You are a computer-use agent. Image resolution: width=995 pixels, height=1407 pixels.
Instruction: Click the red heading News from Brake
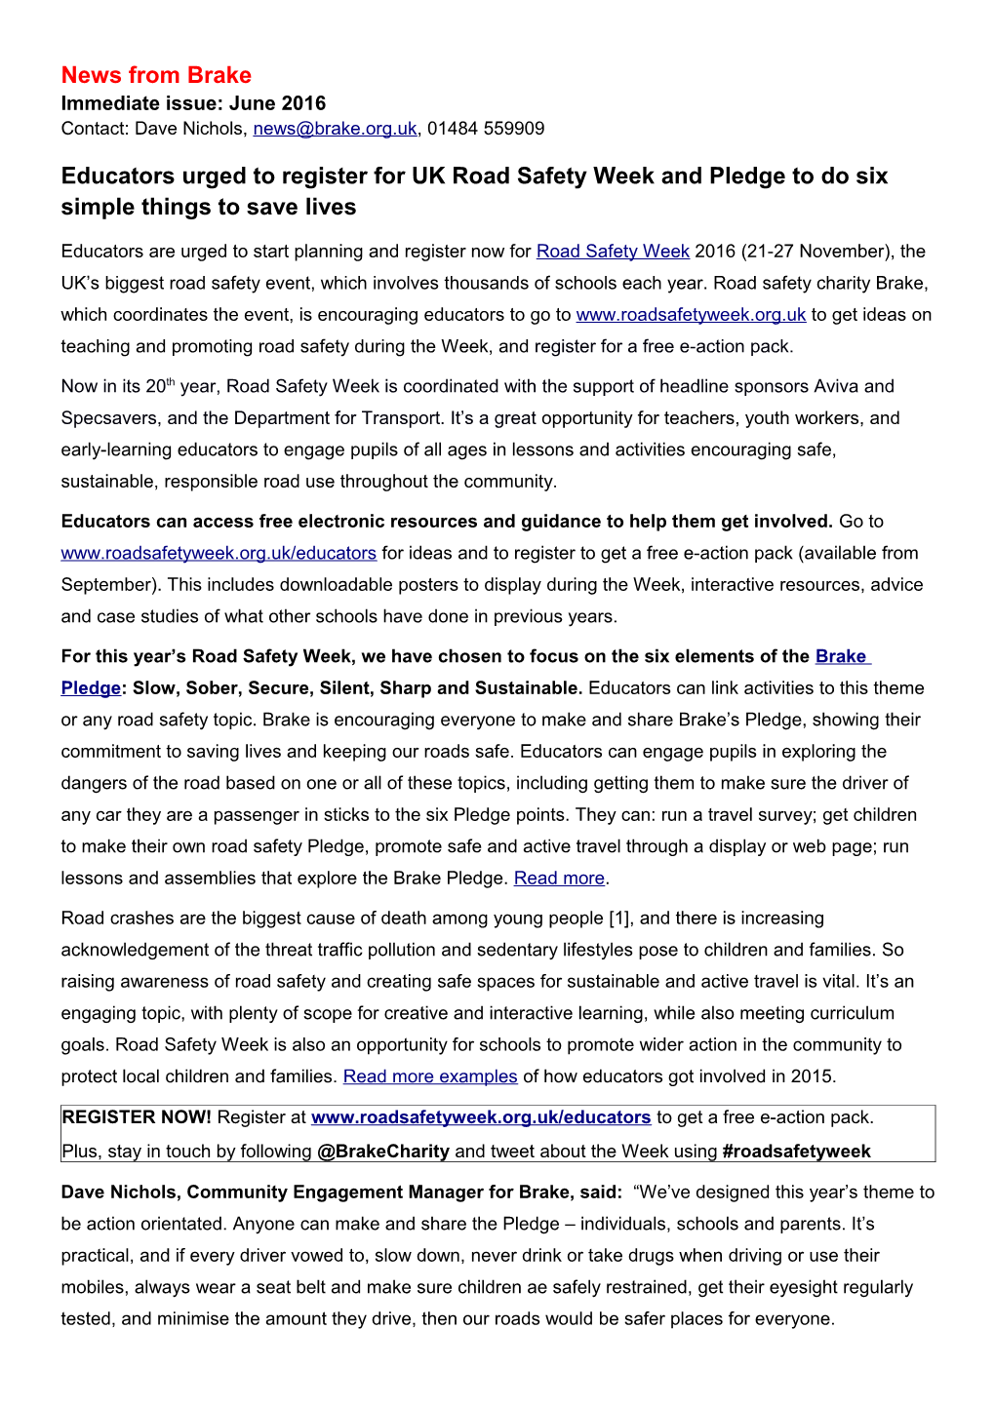pyautogui.click(x=156, y=75)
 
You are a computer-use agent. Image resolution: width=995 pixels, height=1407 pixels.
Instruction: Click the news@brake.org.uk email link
pyautogui.click(x=335, y=129)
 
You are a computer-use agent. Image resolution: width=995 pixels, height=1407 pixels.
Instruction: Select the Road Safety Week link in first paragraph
pyautogui.click(x=613, y=252)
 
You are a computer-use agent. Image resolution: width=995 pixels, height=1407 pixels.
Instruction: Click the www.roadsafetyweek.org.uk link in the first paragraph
pyautogui.click(x=691, y=315)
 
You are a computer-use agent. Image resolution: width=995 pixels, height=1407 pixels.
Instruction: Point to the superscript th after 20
pyautogui.click(x=170, y=381)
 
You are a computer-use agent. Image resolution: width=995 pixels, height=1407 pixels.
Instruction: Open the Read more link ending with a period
pyautogui.click(x=559, y=879)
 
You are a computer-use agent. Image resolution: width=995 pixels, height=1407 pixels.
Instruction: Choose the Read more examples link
pyautogui.click(x=430, y=1076)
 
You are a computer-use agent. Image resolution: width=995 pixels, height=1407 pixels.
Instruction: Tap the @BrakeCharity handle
pyautogui.click(x=383, y=1152)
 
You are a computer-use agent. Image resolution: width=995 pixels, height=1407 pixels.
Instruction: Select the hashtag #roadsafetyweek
pyautogui.click(x=796, y=1152)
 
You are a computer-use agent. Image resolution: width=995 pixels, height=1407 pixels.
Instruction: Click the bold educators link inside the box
pyautogui.click(x=481, y=1117)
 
